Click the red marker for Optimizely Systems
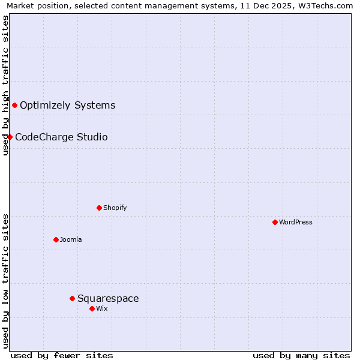pos(14,106)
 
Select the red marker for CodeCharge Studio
pos(10,137)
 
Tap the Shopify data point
pos(99,208)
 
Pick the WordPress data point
pos(275,222)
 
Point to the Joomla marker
pos(56,239)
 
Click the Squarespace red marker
pos(72,298)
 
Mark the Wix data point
pos(92,308)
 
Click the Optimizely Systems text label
pos(67,106)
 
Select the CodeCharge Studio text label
pos(61,137)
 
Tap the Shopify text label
pos(115,208)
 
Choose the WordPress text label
pos(296,222)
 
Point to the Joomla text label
pos(71,239)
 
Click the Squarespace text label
pos(108,298)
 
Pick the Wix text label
pos(101,308)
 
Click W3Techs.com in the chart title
pos(325,6)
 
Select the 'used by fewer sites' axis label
pos(62,355)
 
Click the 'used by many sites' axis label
pos(301,355)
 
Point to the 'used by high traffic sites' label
pos(6,85)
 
